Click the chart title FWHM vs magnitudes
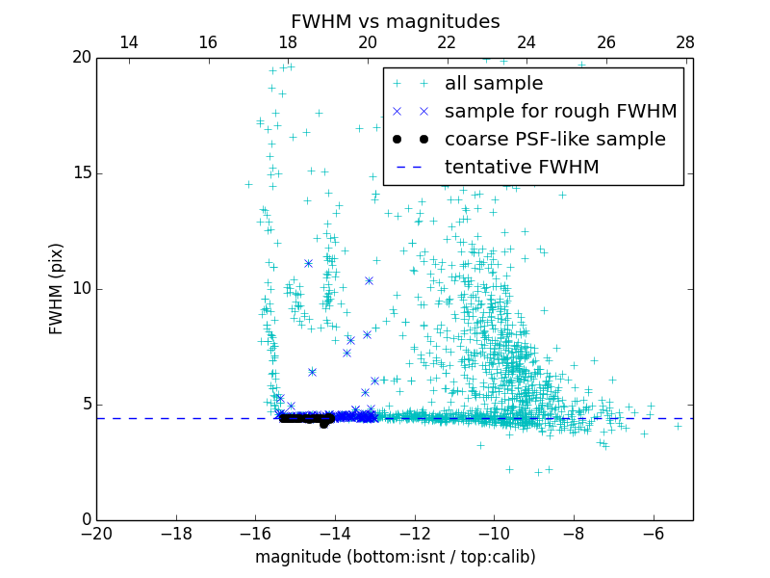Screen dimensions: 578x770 click(396, 21)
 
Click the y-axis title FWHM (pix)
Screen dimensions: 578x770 click(57, 289)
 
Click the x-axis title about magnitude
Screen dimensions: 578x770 click(396, 557)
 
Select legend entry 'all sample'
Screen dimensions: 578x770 click(494, 84)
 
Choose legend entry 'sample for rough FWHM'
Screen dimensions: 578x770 click(560, 112)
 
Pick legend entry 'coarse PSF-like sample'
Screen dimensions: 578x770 click(554, 140)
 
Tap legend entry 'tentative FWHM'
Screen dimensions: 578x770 click(522, 168)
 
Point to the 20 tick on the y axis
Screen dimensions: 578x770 click(81, 58)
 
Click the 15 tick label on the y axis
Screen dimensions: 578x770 click(81, 173)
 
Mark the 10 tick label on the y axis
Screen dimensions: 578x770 click(81, 289)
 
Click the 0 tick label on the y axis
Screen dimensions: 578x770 click(85, 520)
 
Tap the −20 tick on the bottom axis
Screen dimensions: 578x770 click(97, 533)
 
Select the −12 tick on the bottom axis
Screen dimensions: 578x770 click(415, 533)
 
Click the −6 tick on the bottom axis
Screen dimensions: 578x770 click(654, 533)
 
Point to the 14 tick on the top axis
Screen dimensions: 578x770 click(128, 42)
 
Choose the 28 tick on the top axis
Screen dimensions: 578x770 click(685, 42)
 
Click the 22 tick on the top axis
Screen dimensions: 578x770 click(447, 42)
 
